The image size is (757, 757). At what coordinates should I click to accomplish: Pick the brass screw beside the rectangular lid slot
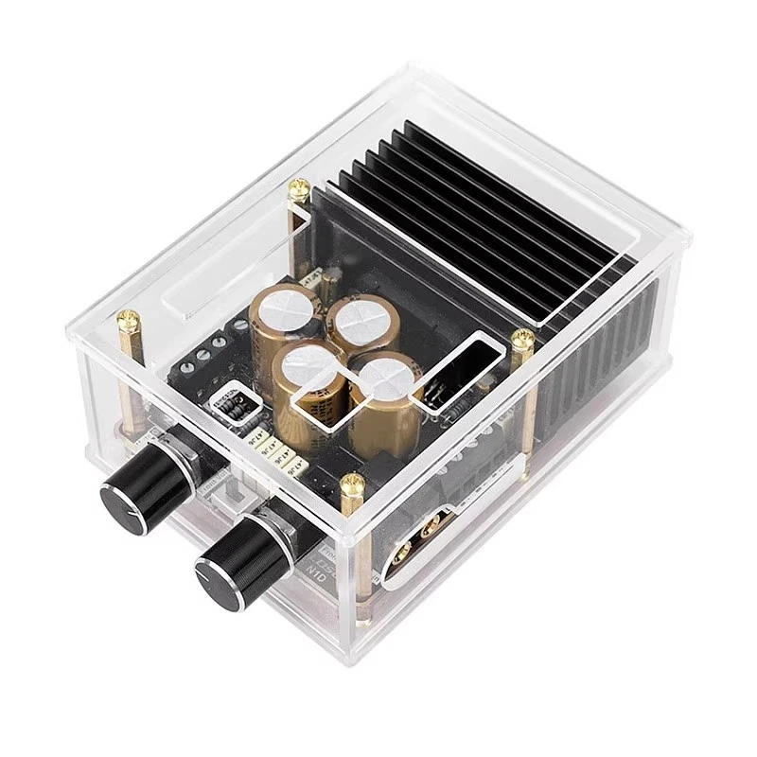[x=519, y=340]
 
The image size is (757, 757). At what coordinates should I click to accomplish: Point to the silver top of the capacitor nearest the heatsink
[x=358, y=315]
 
